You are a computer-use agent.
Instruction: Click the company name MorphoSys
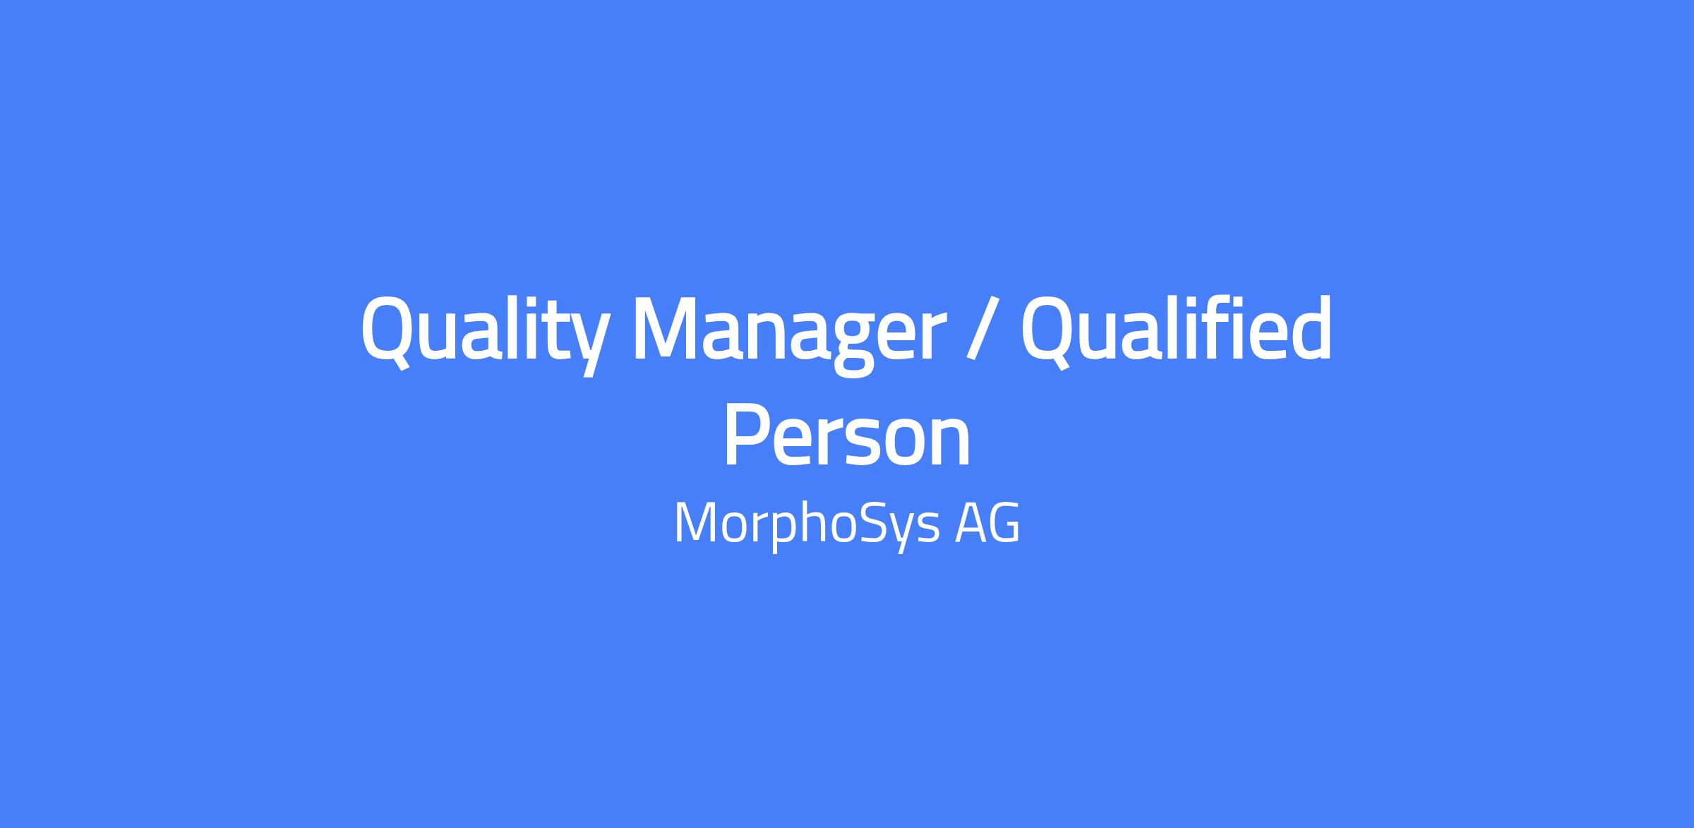pyautogui.click(x=807, y=524)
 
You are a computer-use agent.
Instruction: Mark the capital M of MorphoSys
pyautogui.click(x=695, y=523)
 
